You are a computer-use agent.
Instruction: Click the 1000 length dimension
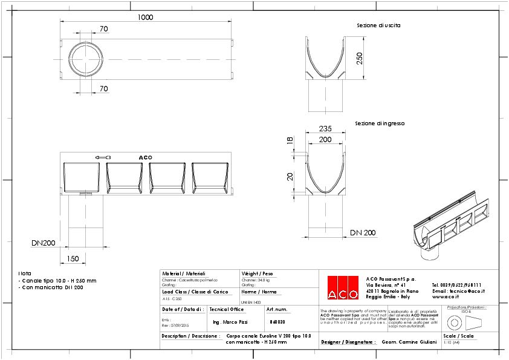click(145, 17)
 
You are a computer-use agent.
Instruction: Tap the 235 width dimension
click(326, 128)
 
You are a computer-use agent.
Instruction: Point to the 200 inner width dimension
click(326, 139)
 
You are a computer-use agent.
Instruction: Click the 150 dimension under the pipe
click(73, 258)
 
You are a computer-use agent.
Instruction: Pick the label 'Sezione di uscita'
click(378, 25)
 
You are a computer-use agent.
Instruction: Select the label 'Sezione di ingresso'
click(380, 123)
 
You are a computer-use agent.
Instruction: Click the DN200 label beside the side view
click(44, 243)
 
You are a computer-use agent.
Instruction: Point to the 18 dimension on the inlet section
click(290, 140)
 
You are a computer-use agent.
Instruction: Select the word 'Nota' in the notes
click(24, 273)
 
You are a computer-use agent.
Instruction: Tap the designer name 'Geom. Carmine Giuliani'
click(409, 342)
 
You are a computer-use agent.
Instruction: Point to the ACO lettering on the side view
click(145, 157)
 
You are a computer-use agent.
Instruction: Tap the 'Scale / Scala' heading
click(458, 336)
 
